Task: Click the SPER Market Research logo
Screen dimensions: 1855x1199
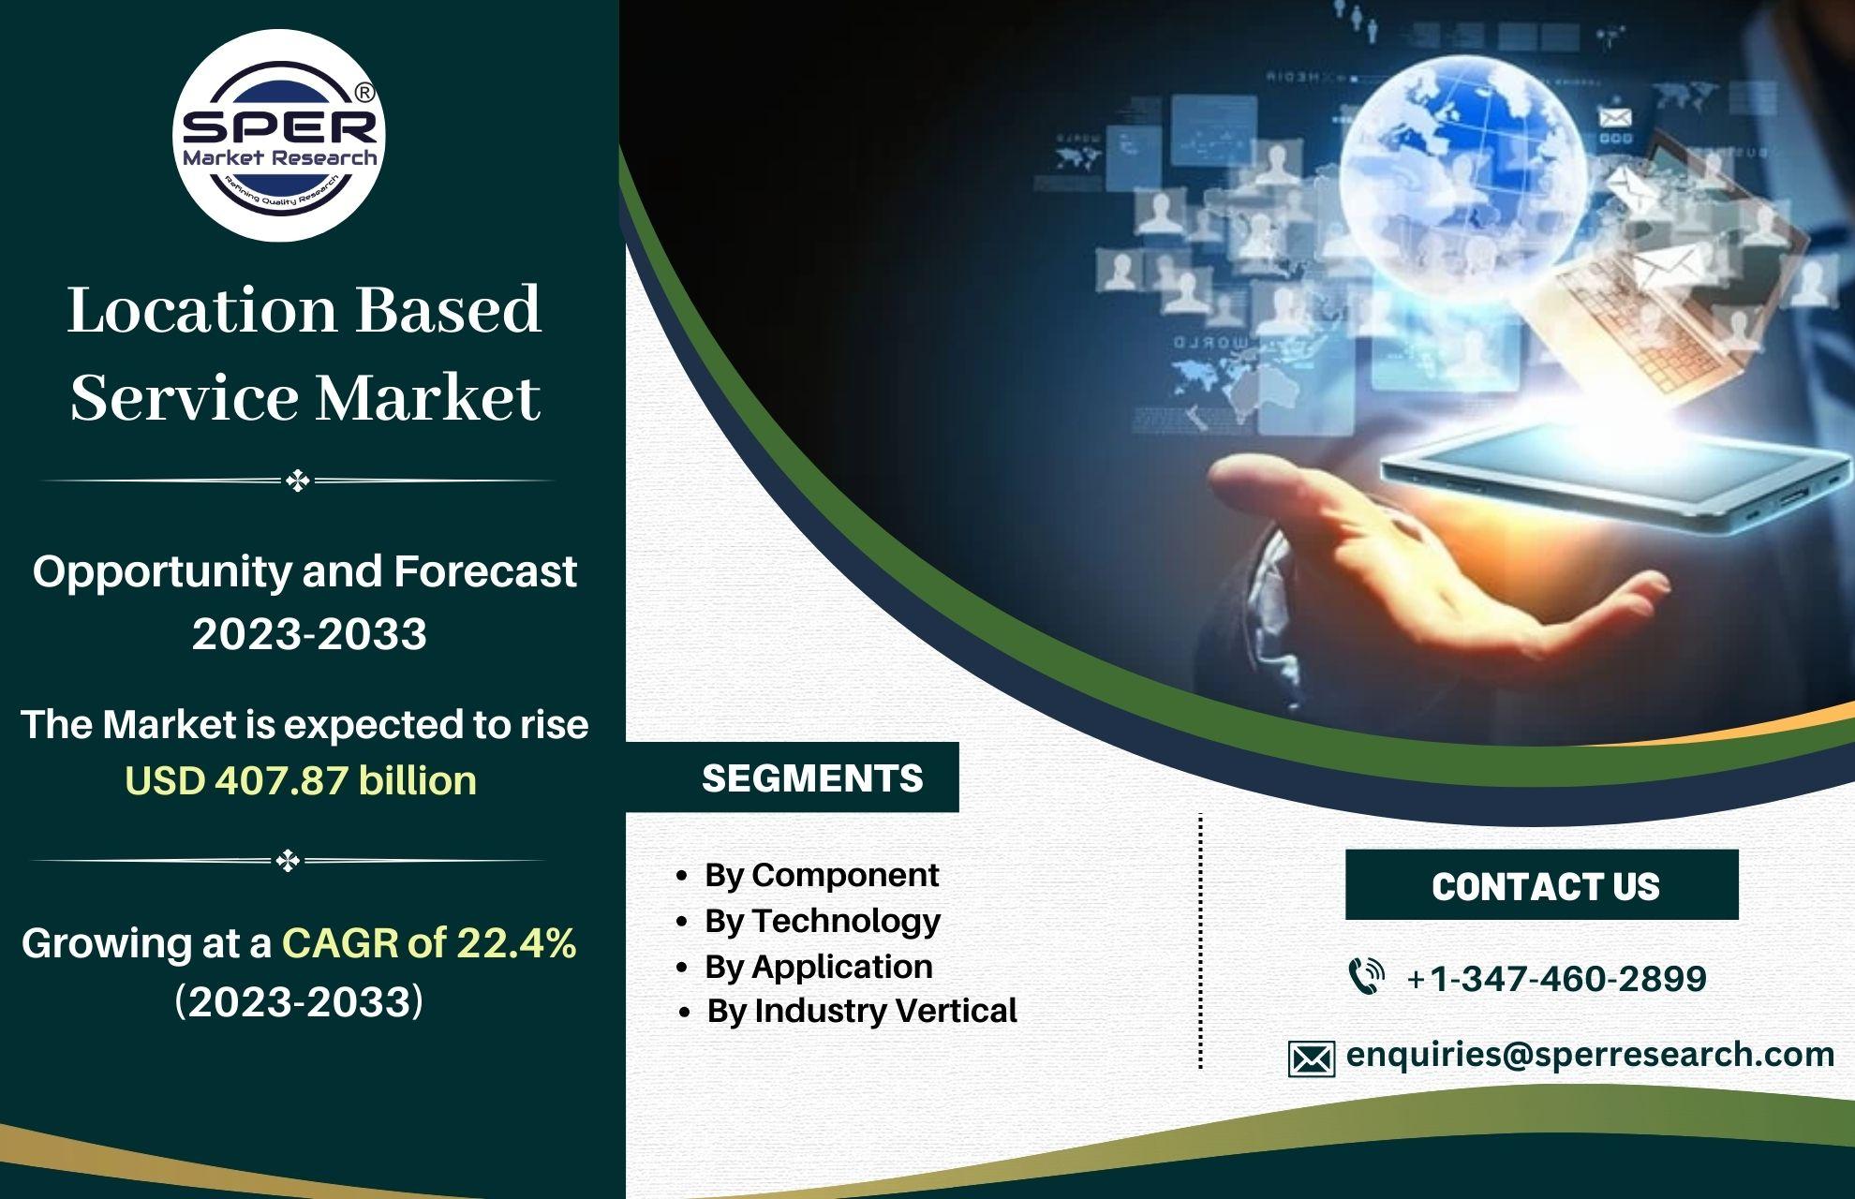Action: coord(279,136)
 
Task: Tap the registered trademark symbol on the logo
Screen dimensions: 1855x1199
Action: coord(365,93)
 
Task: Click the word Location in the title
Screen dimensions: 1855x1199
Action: coord(201,310)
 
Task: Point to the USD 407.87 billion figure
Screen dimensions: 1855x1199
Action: coord(301,780)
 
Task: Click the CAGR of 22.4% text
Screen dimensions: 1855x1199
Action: coord(429,942)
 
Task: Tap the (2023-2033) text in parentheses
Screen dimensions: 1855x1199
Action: coord(299,1001)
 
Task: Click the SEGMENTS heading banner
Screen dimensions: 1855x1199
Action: coord(793,777)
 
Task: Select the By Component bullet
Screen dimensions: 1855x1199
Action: coord(808,875)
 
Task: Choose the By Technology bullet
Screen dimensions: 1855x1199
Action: coord(808,921)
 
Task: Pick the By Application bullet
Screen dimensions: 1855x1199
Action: coord(804,966)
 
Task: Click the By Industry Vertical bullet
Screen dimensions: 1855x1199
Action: coord(849,1011)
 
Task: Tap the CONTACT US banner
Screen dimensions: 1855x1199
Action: coord(1542,885)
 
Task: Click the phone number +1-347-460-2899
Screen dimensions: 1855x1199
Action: coord(1556,979)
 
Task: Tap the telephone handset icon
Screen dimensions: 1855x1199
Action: coord(1366,976)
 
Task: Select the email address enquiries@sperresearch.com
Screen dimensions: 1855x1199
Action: coord(1590,1055)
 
